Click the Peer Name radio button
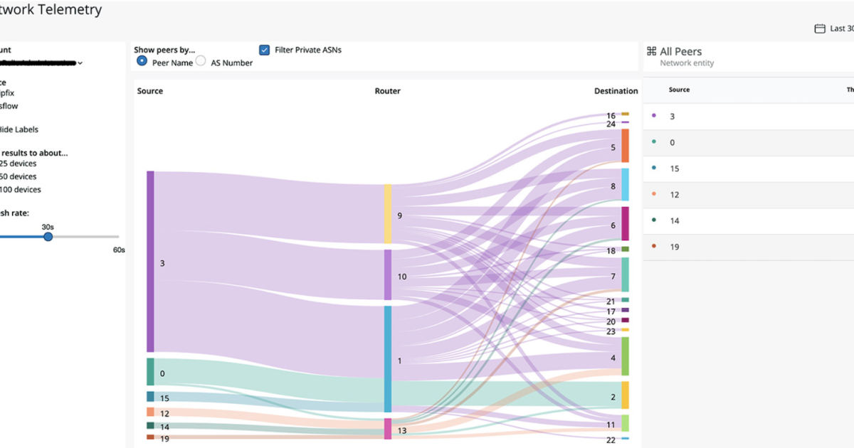pos(142,62)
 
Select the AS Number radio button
pos(201,62)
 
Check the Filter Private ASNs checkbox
pos(264,50)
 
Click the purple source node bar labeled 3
pos(150,261)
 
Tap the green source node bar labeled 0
pos(150,372)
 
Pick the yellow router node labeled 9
pos(388,213)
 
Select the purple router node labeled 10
pos(388,274)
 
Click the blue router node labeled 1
pos(388,359)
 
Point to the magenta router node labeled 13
pos(388,429)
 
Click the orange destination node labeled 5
pos(625,146)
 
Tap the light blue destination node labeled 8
pos(625,185)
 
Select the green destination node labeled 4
pos(625,356)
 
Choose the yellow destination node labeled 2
pos(625,395)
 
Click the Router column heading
pos(387,91)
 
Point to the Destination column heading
pos(616,91)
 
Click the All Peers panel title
pos(680,51)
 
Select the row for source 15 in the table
pos(747,169)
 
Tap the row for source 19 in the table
pos(747,247)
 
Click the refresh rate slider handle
pos(48,237)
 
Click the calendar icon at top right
pos(819,29)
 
